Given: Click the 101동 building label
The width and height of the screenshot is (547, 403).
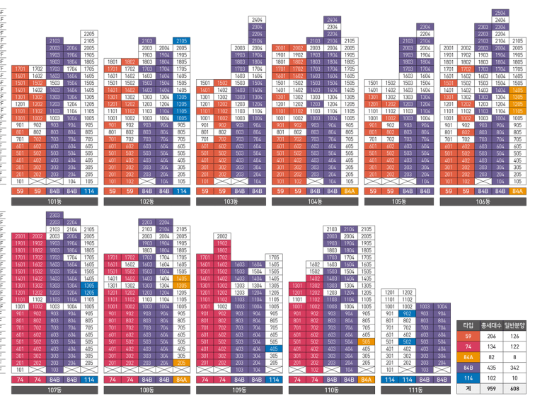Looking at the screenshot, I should click(x=54, y=201).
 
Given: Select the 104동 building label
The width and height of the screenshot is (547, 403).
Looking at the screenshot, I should click(x=314, y=201).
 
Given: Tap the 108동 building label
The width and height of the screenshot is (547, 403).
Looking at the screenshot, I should click(x=146, y=390).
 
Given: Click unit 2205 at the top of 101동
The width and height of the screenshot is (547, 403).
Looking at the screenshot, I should click(x=89, y=33).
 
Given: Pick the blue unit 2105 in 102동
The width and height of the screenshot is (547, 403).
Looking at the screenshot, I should click(x=181, y=41).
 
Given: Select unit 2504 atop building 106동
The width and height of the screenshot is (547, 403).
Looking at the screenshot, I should click(x=500, y=13).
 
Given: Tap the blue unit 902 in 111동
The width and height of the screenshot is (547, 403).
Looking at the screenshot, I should click(x=407, y=313).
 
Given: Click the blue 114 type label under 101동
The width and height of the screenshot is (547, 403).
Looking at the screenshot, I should click(x=89, y=191).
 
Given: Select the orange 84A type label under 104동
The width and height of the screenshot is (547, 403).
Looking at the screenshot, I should click(x=350, y=191).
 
